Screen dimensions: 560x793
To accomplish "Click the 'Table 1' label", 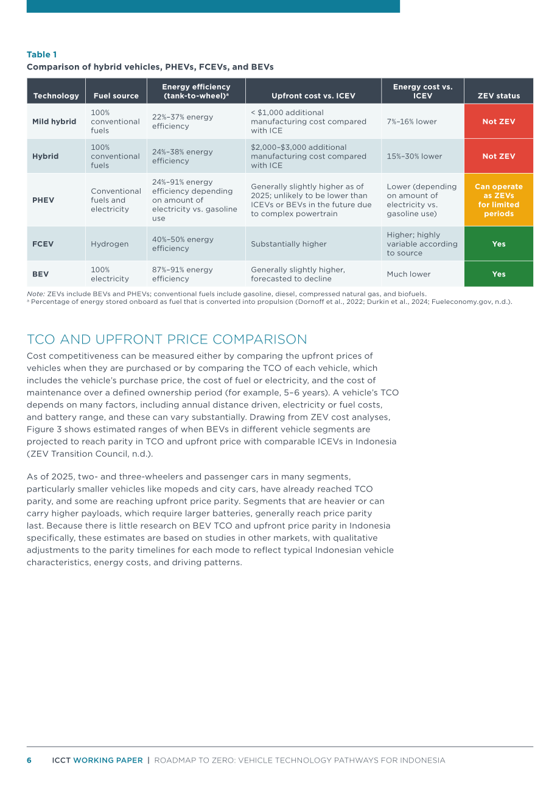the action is [x=42, y=55].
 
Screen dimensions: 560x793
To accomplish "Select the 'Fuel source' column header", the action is [x=116, y=96].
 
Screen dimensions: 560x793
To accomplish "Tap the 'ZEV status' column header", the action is [x=499, y=96].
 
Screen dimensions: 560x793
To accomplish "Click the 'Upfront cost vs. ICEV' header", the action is [x=313, y=96].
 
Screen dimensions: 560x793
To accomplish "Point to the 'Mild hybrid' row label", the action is [x=54, y=121].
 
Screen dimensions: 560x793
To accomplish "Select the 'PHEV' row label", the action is [x=43, y=200].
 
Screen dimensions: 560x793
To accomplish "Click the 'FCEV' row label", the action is [x=43, y=244].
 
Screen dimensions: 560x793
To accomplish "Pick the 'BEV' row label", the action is [x=40, y=274].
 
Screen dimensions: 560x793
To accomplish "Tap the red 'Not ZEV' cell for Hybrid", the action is [x=499, y=156].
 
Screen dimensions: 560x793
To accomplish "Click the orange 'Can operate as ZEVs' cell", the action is [x=499, y=200].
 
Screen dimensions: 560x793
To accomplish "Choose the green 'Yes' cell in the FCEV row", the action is [x=499, y=244].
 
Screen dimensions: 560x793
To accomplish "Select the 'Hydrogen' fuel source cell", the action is [x=110, y=244].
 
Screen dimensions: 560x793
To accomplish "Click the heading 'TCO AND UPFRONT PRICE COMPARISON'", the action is [x=167, y=339].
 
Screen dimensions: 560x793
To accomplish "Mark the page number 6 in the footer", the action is [x=29, y=760].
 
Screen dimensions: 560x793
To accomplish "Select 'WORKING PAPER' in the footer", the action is [x=108, y=760].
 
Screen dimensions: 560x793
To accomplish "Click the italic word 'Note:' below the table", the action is [x=36, y=294].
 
